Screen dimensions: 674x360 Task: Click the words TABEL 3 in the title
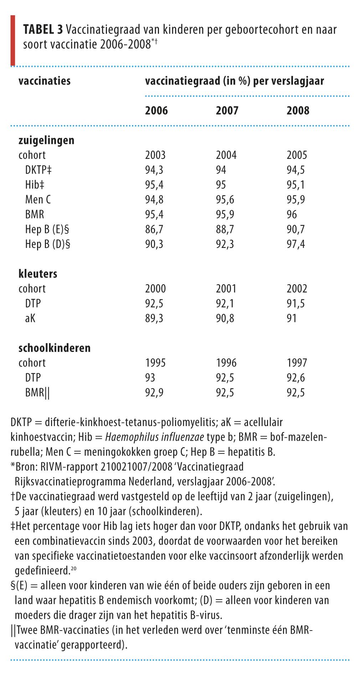[43, 30]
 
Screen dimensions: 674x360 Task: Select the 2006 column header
[156, 111]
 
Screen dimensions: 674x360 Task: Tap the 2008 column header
[298, 111]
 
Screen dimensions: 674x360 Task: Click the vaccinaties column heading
[45, 81]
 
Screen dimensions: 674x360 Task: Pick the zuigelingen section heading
[46, 140]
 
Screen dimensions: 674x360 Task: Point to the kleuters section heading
[38, 274]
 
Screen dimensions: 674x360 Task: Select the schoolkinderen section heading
[55, 348]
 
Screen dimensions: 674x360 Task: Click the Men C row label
[38, 199]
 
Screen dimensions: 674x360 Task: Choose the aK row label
[30, 318]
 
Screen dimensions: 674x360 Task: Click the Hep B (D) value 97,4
[296, 244]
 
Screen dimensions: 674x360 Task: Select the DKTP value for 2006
[154, 170]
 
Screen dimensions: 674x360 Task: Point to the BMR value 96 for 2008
[292, 214]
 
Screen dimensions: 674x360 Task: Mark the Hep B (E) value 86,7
[154, 229]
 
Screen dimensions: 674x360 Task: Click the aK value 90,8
[225, 318]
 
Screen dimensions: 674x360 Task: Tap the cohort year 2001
[226, 289]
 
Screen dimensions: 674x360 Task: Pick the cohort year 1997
[297, 363]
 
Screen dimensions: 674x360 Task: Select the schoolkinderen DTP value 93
[150, 378]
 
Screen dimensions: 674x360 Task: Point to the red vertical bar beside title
[13, 40]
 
